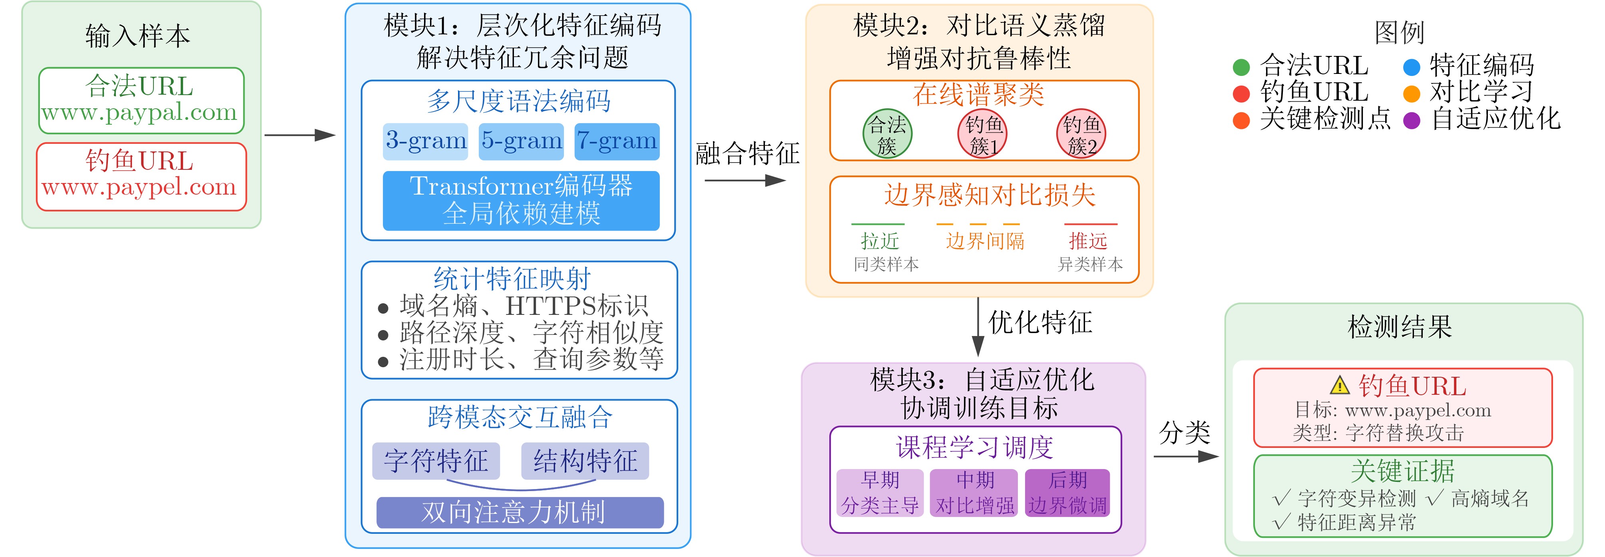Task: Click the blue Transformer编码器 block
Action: point(521,201)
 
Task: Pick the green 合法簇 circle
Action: point(887,133)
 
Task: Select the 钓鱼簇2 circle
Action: point(1081,133)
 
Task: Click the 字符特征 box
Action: point(436,461)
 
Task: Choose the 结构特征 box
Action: point(585,461)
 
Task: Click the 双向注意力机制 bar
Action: point(520,512)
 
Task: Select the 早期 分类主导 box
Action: point(879,493)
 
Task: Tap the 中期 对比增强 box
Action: point(974,493)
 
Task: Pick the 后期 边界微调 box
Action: point(1067,493)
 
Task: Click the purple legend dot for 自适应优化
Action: point(1411,120)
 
